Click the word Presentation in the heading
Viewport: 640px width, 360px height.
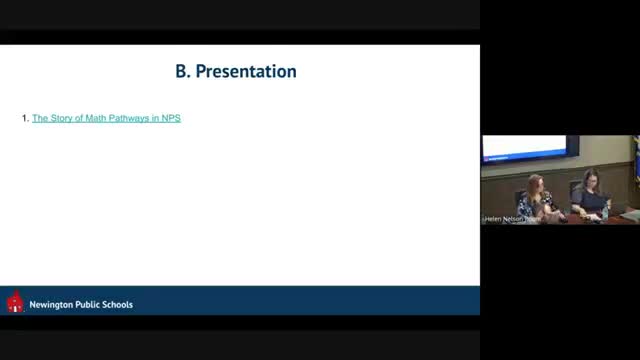click(x=246, y=72)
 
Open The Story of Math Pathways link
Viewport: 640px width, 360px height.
click(x=106, y=119)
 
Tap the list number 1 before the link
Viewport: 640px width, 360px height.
click(x=24, y=119)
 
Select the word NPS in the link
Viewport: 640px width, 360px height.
click(x=171, y=119)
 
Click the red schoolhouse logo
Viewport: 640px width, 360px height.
click(x=15, y=302)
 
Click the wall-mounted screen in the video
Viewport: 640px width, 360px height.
click(x=529, y=148)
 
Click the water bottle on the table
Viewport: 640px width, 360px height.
click(x=604, y=211)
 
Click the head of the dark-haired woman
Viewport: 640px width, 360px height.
click(x=589, y=180)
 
